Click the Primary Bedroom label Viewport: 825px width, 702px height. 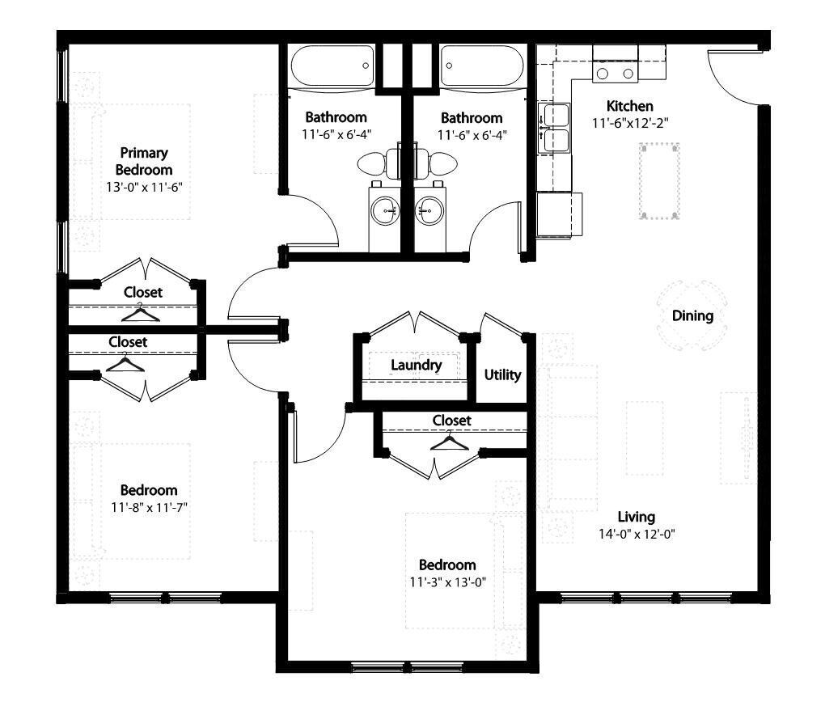click(144, 161)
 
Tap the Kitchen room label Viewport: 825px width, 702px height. click(629, 106)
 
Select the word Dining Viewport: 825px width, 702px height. click(692, 316)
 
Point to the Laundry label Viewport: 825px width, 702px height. click(416, 365)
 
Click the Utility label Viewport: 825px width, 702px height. click(502, 375)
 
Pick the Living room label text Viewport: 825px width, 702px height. click(636, 517)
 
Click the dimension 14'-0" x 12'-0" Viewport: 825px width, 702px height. click(636, 534)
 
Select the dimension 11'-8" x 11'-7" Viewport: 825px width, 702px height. click(148, 507)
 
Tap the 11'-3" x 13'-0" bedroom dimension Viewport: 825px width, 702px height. click(446, 581)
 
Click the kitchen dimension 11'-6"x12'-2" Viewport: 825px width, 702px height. click(629, 123)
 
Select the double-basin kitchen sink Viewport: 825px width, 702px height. click(554, 128)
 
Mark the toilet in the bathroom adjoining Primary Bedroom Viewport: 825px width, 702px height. click(374, 164)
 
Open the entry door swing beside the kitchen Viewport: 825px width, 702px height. click(732, 77)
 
